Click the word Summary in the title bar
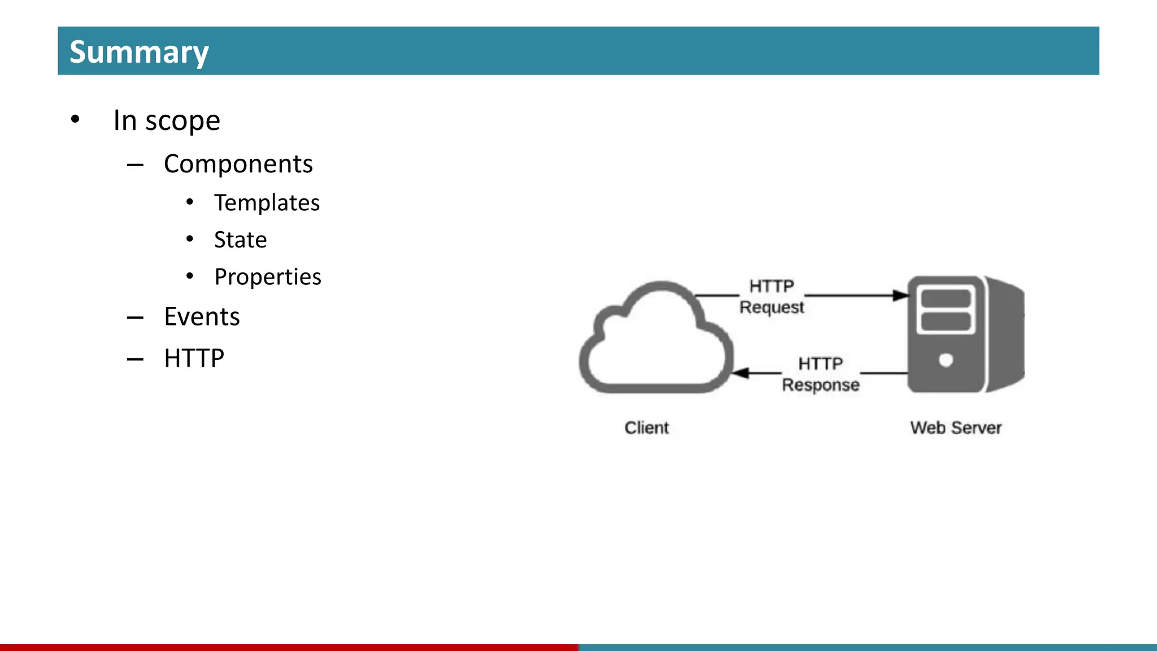[x=139, y=52]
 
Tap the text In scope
[x=167, y=120]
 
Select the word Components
[x=238, y=164]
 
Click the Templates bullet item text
[x=267, y=203]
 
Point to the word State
[x=240, y=240]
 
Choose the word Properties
[x=268, y=277]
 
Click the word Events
[x=202, y=316]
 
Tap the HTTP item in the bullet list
[x=194, y=358]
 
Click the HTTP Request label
[x=772, y=297]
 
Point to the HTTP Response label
[x=820, y=374]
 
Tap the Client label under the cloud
[x=646, y=428]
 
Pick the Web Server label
[x=955, y=428]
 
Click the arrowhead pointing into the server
[x=901, y=296]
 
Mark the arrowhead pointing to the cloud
[x=741, y=373]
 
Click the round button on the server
[x=946, y=360]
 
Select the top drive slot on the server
[x=946, y=298]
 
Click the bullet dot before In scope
[x=75, y=120]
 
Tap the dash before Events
[x=135, y=318]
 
